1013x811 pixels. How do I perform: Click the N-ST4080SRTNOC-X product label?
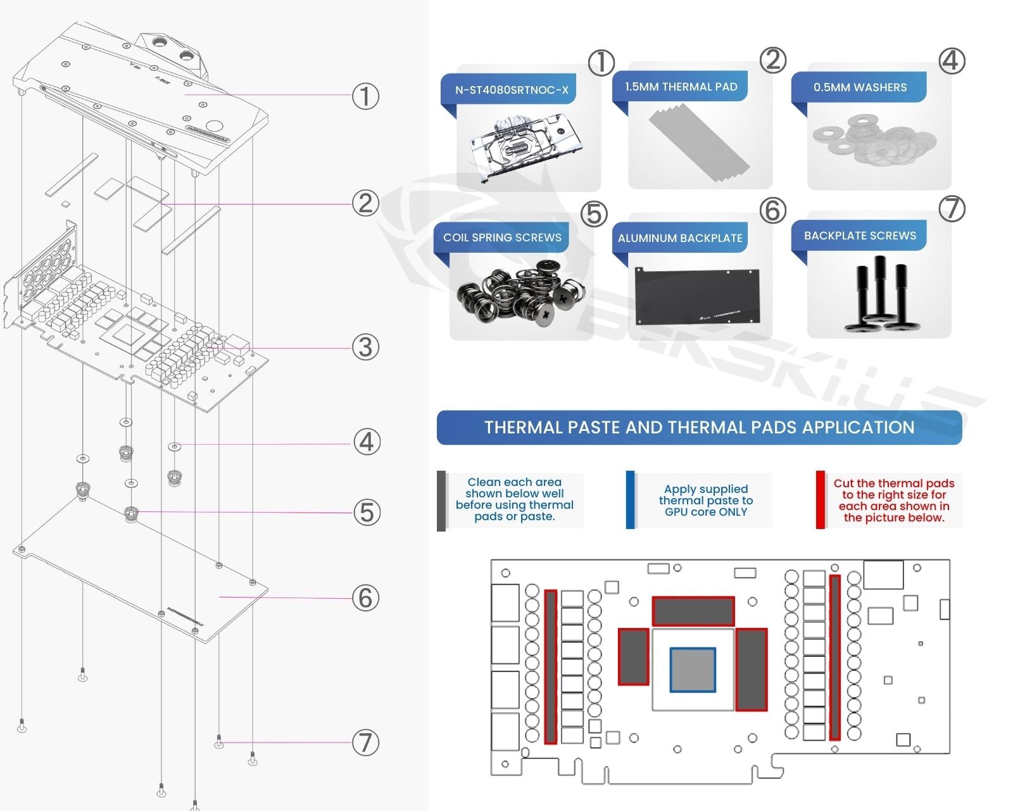pos(512,90)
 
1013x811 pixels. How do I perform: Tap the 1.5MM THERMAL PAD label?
pos(681,87)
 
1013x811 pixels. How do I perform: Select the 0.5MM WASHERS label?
pos(859,87)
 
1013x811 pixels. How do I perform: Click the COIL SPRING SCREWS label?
pos(502,238)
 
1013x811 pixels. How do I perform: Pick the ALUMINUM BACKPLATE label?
pos(680,238)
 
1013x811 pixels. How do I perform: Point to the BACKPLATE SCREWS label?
pos(859,236)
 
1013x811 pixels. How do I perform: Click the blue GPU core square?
pos(693,670)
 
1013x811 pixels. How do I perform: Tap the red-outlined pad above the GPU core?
pos(693,611)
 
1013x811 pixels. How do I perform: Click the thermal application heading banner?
pos(699,428)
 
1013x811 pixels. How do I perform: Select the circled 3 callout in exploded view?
pos(365,347)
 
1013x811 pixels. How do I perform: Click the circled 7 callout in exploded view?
pos(365,743)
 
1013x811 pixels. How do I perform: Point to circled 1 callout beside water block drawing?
pos(365,96)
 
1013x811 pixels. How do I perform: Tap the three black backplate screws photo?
pos(879,295)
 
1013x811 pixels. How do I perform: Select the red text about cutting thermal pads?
pos(893,501)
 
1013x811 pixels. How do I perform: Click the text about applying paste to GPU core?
pos(705,501)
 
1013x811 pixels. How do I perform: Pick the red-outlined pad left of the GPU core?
pos(633,656)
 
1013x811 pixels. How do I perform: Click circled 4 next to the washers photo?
pos(952,61)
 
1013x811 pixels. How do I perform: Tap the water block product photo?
pos(518,150)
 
